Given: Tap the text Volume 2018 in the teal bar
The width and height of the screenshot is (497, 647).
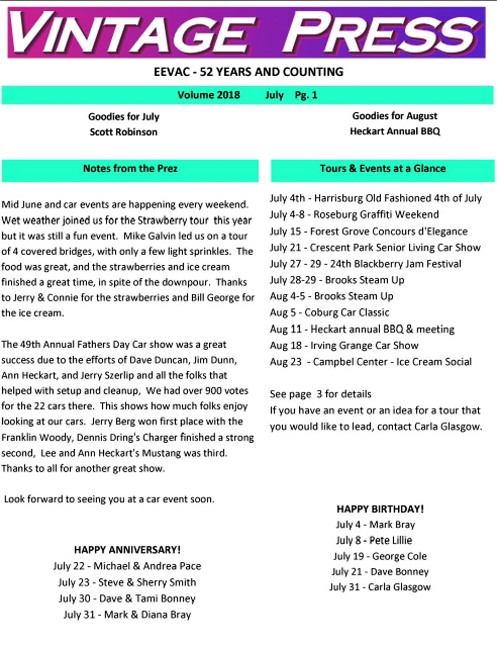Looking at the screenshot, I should click(x=209, y=95).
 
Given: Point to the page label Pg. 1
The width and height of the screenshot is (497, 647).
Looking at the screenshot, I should click(x=306, y=95).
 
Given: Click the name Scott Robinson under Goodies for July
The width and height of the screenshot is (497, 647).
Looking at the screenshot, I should click(x=124, y=132).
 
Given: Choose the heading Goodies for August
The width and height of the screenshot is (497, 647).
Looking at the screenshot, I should click(x=395, y=116).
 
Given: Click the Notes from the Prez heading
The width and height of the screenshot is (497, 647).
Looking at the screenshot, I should click(x=130, y=169).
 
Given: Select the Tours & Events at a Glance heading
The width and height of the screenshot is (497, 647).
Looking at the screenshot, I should click(x=383, y=169).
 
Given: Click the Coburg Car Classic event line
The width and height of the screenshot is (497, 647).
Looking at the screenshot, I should click(x=330, y=313).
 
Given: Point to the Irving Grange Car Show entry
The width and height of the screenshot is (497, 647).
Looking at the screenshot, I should click(x=344, y=345).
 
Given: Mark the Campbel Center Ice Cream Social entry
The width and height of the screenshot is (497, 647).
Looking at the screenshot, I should click(x=371, y=362).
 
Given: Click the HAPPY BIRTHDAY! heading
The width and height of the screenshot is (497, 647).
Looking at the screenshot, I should click(x=380, y=509).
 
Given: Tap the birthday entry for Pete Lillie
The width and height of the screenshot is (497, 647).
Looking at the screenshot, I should click(x=374, y=540).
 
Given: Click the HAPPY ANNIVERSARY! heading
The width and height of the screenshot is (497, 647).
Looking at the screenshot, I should click(x=127, y=550).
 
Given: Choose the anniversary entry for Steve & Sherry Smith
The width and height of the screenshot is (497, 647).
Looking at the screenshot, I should click(x=127, y=582).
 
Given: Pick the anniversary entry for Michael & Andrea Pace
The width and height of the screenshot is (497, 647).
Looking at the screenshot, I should click(x=127, y=566).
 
